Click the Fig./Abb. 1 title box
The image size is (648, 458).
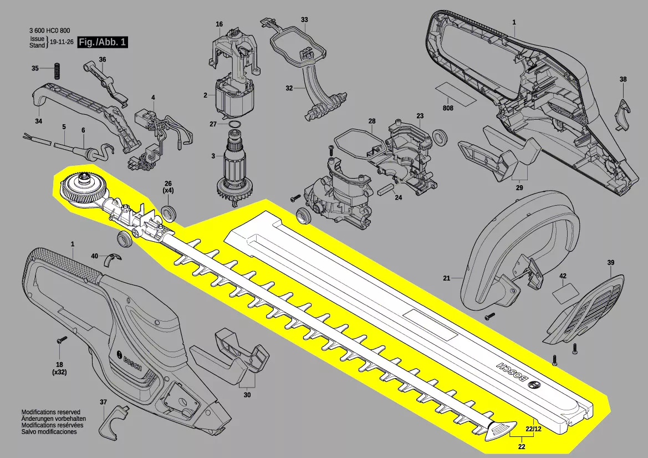pyautogui.click(x=103, y=43)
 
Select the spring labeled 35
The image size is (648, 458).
pyautogui.click(x=55, y=73)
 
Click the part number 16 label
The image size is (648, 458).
pyautogui.click(x=219, y=24)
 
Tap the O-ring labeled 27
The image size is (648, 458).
pyautogui.click(x=234, y=124)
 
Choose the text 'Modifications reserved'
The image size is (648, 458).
pyautogui.click(x=51, y=413)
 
